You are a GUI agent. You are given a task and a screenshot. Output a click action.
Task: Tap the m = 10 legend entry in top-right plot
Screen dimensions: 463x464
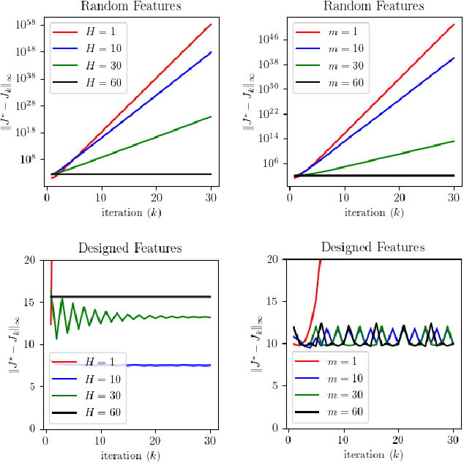pos(323,48)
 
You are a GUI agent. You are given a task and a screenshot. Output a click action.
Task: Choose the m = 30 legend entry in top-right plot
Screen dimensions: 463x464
pos(323,65)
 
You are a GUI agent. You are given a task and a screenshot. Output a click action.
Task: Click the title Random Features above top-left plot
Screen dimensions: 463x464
pos(130,7)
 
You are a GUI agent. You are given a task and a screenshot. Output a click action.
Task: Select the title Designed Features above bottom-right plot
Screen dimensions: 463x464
pos(372,248)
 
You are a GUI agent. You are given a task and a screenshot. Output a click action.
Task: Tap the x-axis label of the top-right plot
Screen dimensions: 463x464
pos(372,213)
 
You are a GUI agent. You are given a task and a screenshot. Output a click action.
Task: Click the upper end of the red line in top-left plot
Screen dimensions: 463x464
pos(211,24)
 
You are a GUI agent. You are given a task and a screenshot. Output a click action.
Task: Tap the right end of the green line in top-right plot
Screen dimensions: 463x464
pos(454,141)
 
